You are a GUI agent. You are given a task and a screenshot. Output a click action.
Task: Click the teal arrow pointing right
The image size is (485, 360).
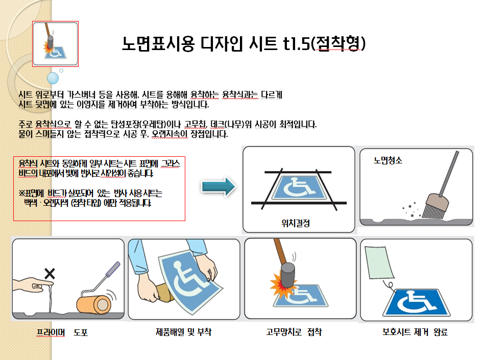pyautogui.click(x=219, y=187)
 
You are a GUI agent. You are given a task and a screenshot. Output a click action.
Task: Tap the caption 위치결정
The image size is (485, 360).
pyautogui.click(x=296, y=223)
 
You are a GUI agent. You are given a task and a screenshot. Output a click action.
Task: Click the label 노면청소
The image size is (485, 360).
pyautogui.click(x=388, y=160)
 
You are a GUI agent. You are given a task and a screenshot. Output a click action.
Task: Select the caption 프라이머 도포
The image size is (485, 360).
pyautogui.click(x=62, y=332)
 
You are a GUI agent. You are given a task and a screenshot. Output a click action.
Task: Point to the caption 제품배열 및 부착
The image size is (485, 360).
pyautogui.click(x=183, y=332)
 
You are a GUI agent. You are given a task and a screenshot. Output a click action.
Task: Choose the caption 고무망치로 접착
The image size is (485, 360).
pyautogui.click(x=294, y=332)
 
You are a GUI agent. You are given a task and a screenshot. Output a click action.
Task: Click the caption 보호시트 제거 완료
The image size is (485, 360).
pyautogui.click(x=415, y=332)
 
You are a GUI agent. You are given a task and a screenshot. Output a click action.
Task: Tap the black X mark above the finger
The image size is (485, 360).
pyautogui.click(x=50, y=274)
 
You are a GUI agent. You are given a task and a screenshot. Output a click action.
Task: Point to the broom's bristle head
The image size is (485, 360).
pyautogui.click(x=435, y=207)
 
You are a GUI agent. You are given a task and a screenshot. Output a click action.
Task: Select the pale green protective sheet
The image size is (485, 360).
pyautogui.click(x=379, y=262)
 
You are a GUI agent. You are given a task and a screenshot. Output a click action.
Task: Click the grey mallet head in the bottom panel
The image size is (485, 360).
pyautogui.click(x=287, y=275)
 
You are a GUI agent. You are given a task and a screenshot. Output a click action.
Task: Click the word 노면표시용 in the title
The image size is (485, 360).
pyautogui.click(x=158, y=43)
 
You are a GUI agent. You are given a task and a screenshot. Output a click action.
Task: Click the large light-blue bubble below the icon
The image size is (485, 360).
pyautogui.click(x=53, y=78)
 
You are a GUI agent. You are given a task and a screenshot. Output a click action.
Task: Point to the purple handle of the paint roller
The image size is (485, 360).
pyautogui.click(x=113, y=270)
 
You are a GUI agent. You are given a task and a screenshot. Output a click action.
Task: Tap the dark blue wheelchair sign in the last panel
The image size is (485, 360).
pyautogui.click(x=416, y=302)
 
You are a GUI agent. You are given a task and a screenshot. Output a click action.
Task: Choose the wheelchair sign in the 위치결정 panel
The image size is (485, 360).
pyautogui.click(x=299, y=187)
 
